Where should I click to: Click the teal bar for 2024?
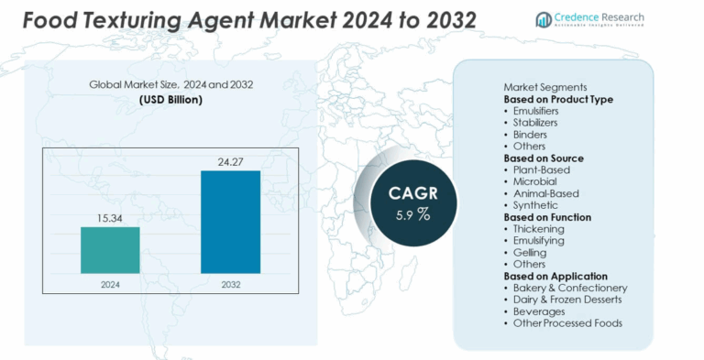click(110, 249)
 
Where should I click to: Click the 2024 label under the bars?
click(110, 285)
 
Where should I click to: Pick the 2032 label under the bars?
click(230, 285)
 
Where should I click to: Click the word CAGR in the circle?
click(412, 193)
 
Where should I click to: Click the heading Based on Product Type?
click(558, 99)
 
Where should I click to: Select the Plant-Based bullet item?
click(542, 170)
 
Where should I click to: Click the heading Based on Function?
click(547, 217)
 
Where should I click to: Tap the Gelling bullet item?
click(530, 252)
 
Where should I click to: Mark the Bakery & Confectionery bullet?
click(570, 288)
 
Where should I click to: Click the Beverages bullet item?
click(539, 311)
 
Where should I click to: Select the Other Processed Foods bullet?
click(567, 323)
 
